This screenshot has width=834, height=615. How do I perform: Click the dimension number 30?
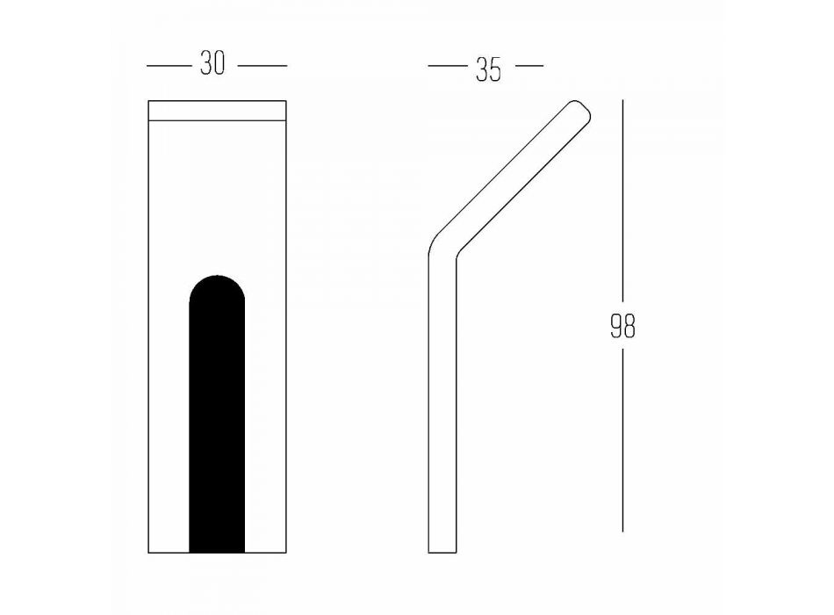pyautogui.click(x=212, y=63)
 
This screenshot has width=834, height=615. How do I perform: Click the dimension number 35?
pyautogui.click(x=488, y=69)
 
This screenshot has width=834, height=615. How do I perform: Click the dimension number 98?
pyautogui.click(x=622, y=326)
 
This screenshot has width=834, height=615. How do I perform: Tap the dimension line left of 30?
pyautogui.click(x=169, y=66)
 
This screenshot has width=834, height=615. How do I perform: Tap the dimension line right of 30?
pyautogui.click(x=262, y=66)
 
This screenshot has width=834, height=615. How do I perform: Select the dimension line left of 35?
pyautogui.click(x=448, y=66)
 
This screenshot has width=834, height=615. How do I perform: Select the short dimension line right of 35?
pyautogui.click(x=529, y=66)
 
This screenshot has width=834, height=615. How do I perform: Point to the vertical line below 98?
pyautogui.click(x=622, y=440)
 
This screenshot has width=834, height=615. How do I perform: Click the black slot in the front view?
pyautogui.click(x=217, y=414)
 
